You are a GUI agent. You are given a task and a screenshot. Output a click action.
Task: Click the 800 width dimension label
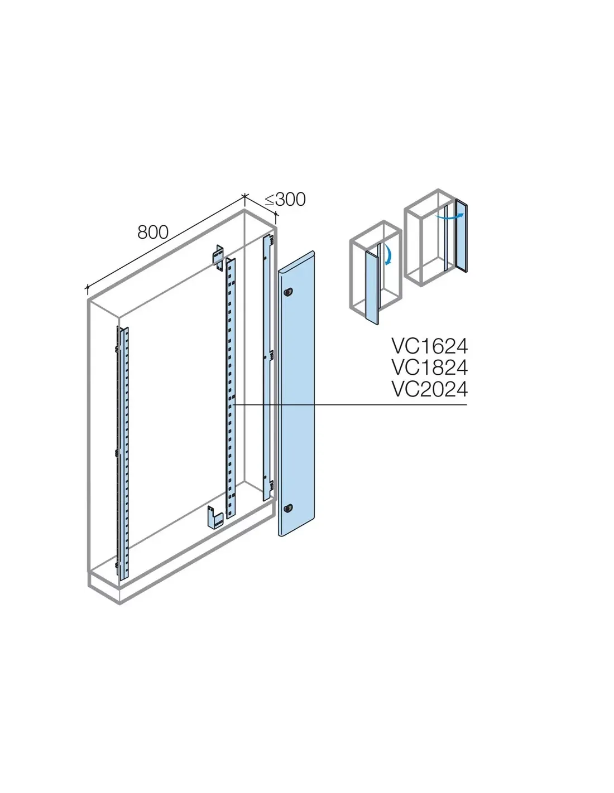[153, 232]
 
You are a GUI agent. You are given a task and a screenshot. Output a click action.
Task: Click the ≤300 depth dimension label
[285, 200]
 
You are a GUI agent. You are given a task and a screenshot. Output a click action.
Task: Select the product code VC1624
[430, 346]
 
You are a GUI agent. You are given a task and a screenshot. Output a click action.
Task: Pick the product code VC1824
[430, 368]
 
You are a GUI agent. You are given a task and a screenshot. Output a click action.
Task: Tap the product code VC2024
[430, 389]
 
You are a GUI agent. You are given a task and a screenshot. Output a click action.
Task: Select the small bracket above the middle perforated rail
[218, 258]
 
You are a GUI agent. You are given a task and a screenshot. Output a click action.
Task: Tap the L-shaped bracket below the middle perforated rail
[215, 517]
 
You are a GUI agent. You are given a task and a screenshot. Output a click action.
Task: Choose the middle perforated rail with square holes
[231, 388]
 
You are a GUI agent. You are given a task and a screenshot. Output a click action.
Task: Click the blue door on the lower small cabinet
[372, 287]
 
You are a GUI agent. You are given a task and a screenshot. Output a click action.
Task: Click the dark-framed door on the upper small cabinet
[461, 235]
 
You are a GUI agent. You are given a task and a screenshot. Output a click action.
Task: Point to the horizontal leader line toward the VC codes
[350, 405]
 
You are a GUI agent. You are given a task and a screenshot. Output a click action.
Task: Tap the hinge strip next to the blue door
[269, 368]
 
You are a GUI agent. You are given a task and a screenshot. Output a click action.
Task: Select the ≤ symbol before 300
[270, 200]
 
